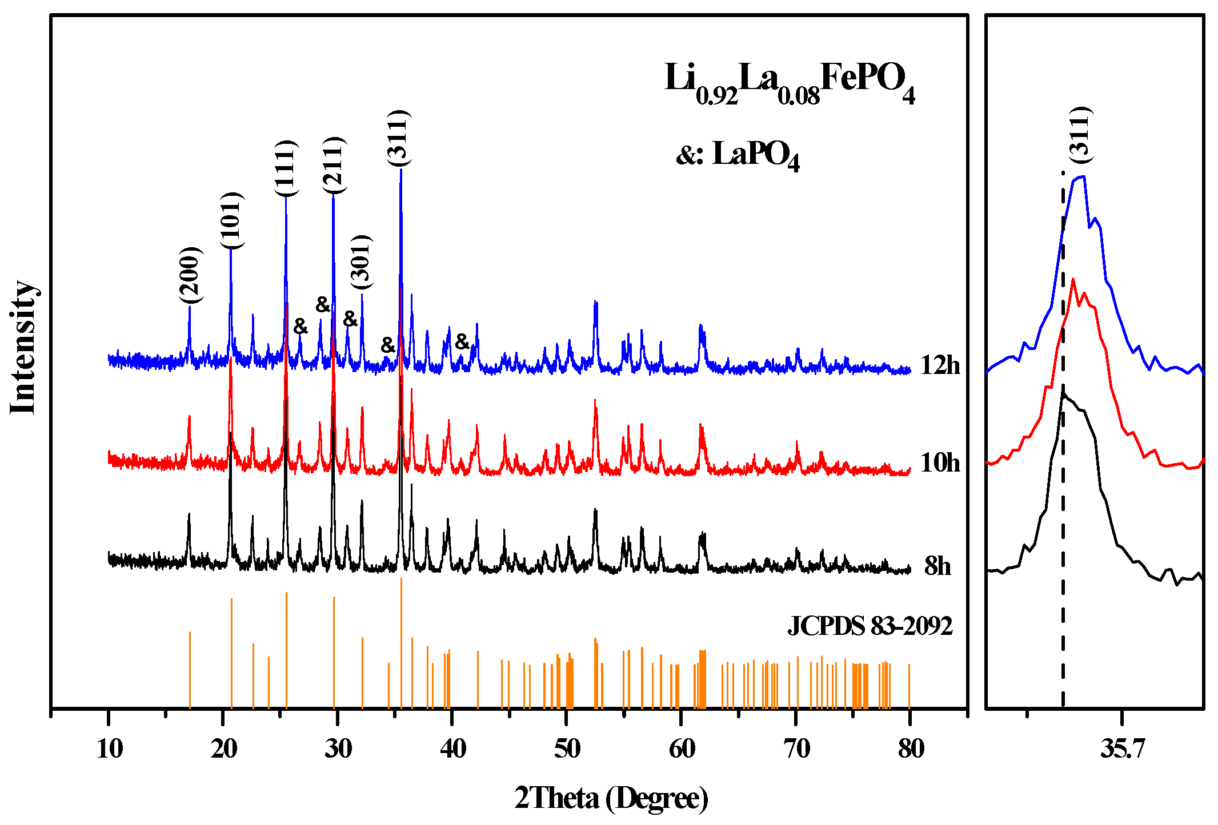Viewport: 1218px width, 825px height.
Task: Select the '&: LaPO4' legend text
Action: (738, 154)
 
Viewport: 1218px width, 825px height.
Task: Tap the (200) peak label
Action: (190, 276)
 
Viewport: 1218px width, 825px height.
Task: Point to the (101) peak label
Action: (231, 220)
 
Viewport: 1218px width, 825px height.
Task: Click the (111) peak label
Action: (286, 168)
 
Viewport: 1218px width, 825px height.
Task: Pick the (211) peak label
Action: (334, 166)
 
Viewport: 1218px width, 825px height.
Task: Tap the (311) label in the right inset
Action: (1080, 134)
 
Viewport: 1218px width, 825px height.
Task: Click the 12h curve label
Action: (940, 365)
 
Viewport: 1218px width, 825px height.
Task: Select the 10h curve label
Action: (940, 462)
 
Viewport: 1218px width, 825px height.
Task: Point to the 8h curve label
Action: (937, 566)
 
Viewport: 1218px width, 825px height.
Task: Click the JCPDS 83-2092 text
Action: (870, 626)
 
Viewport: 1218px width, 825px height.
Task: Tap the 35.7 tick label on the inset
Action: (1123, 748)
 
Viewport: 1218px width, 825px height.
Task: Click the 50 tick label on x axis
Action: (567, 748)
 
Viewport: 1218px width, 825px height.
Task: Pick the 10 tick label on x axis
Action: (109, 748)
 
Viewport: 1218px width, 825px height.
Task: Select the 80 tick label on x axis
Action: (911, 748)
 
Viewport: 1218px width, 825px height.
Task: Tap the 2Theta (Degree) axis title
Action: (611, 798)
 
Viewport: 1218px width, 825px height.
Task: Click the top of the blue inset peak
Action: (1080, 178)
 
